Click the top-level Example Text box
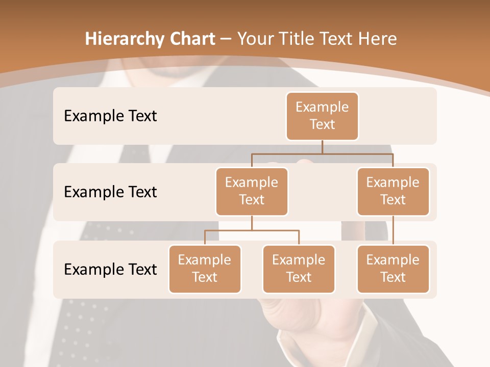[322, 116]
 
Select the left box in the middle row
[252, 191]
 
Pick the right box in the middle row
[393, 191]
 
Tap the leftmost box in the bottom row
[205, 269]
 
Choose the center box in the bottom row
[299, 269]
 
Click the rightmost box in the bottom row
[393, 269]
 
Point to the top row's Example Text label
[110, 116]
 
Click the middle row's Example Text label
[110, 192]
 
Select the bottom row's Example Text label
[110, 269]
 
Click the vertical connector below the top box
[322, 147]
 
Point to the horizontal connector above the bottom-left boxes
[252, 230]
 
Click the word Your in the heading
[255, 39]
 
